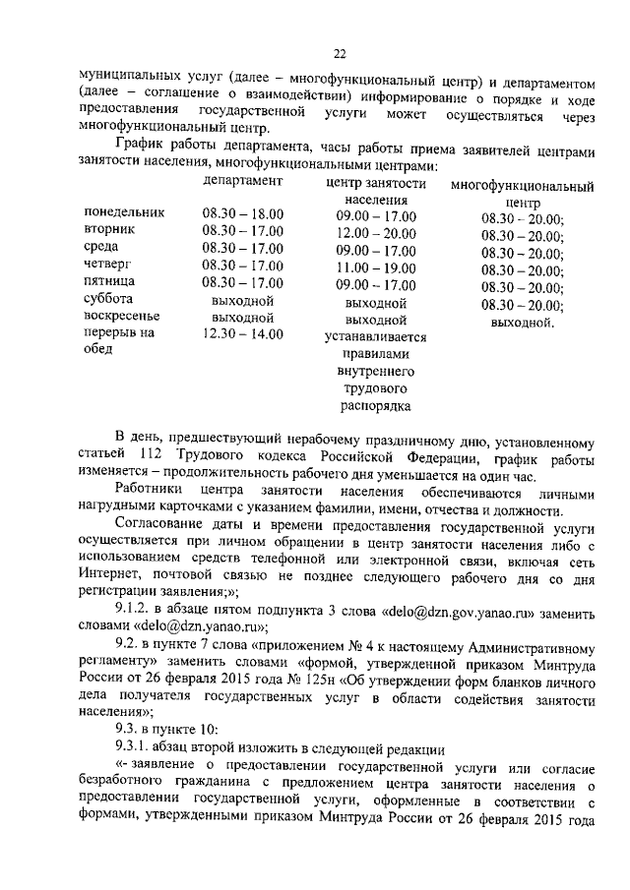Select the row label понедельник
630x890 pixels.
tap(124, 212)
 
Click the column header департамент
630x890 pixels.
tap(243, 182)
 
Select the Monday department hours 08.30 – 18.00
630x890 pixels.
tap(243, 212)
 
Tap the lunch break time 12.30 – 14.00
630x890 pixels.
tap(243, 334)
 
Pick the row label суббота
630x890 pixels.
tap(110, 299)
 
